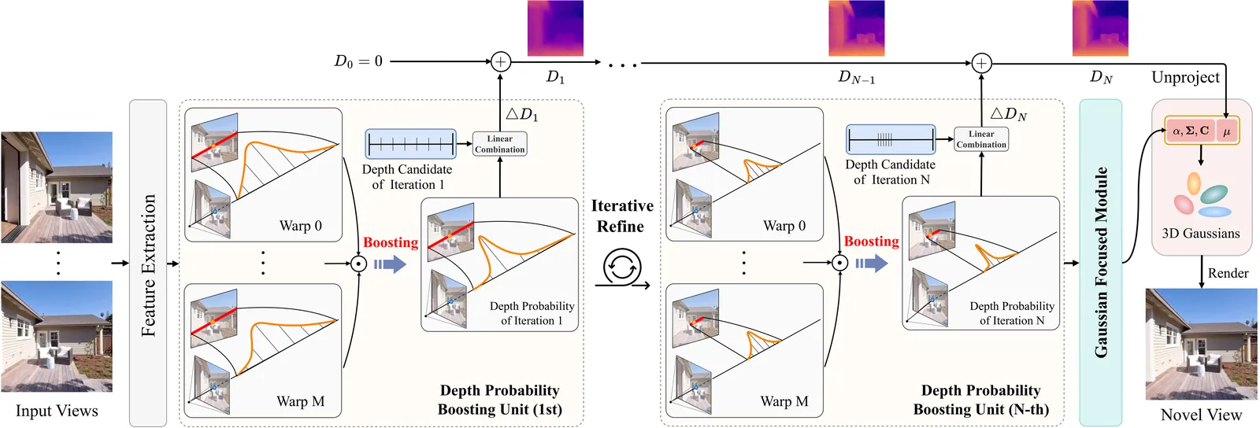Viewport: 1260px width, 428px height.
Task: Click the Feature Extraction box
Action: (148, 263)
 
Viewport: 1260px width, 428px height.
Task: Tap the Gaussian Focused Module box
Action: (1100, 263)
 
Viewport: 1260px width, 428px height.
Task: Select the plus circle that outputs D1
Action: (501, 61)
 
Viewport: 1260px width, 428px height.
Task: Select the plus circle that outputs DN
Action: (981, 63)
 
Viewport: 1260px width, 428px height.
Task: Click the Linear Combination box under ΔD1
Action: (500, 144)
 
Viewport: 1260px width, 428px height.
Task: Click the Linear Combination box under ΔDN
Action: (981, 139)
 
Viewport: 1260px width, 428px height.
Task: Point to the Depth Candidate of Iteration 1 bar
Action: (410, 144)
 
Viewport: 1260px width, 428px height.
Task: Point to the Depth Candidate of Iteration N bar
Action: (891, 140)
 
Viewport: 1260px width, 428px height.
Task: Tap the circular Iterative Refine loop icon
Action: (622, 267)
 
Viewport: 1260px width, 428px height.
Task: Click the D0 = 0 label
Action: (358, 61)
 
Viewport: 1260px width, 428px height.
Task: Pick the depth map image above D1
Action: (555, 28)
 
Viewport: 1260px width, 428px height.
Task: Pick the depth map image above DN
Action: (1100, 28)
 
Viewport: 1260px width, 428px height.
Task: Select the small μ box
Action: (1226, 131)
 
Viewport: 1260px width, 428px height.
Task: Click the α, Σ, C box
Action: (1191, 131)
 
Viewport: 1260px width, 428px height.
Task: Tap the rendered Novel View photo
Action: (1201, 344)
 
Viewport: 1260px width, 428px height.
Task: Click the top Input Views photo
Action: (57, 187)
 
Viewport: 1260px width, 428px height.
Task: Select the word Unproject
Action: (1185, 77)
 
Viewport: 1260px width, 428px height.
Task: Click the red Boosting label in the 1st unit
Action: (391, 242)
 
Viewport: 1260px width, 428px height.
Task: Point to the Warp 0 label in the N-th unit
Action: (784, 226)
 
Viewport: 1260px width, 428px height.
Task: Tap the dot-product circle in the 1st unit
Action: (358, 264)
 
